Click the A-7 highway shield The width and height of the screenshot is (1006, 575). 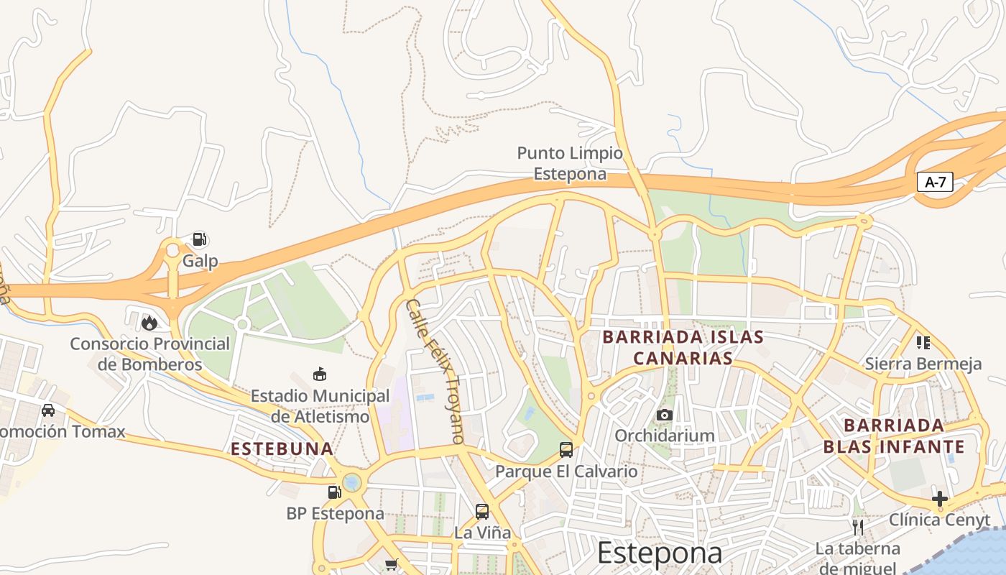pos(935,182)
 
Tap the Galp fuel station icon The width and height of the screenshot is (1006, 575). pos(200,239)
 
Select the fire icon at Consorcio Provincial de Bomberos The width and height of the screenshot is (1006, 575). pos(149,323)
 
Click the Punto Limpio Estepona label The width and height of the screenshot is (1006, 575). pos(570,163)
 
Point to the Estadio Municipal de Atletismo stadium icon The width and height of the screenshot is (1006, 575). pos(319,374)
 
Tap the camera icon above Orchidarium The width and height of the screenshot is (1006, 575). pos(664,415)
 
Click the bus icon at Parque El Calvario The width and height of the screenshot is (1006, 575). pos(566,450)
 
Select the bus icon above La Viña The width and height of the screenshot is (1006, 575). pos(482,512)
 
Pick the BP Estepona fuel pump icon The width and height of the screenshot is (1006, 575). pos(334,492)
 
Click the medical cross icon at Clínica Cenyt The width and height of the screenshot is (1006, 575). pos(939,498)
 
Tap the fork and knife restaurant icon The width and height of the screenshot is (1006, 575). pos(857,528)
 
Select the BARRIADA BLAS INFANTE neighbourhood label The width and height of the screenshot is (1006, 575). pos(894,436)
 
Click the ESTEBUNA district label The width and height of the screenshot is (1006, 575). pos(282,449)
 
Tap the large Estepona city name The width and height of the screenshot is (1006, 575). pos(659,553)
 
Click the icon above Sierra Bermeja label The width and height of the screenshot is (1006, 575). pos(923,343)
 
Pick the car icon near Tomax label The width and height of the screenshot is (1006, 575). pos(48,410)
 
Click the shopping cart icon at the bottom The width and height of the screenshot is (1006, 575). pos(391,564)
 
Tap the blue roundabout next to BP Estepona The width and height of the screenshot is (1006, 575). pos(352,482)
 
